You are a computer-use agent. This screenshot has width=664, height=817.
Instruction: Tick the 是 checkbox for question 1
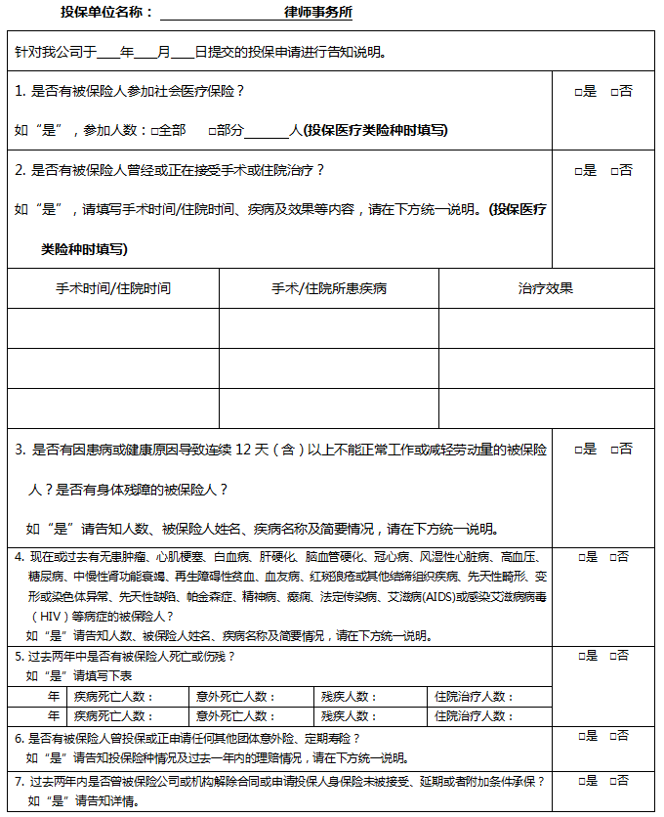pos(578,92)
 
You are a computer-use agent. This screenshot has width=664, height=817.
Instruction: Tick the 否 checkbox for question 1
pos(614,92)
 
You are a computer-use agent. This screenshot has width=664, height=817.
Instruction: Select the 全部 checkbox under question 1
pos(154,130)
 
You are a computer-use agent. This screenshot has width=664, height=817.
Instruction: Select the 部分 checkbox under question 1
pos(211,130)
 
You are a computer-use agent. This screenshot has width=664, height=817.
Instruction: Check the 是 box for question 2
pos(578,171)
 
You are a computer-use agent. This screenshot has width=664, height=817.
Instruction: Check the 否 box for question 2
pos(614,171)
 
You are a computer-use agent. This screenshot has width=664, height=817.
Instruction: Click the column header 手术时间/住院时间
pos(113,288)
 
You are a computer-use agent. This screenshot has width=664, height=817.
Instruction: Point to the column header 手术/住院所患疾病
pos(329,288)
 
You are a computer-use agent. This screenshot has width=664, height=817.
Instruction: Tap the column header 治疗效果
pos(545,288)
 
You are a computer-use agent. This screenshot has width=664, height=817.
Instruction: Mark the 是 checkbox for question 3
pos(578,451)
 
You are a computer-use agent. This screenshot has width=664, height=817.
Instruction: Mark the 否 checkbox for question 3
pos(614,451)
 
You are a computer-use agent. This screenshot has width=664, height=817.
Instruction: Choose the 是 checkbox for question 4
pos(582,557)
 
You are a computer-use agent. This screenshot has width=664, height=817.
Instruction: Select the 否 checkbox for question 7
pos(613,782)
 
